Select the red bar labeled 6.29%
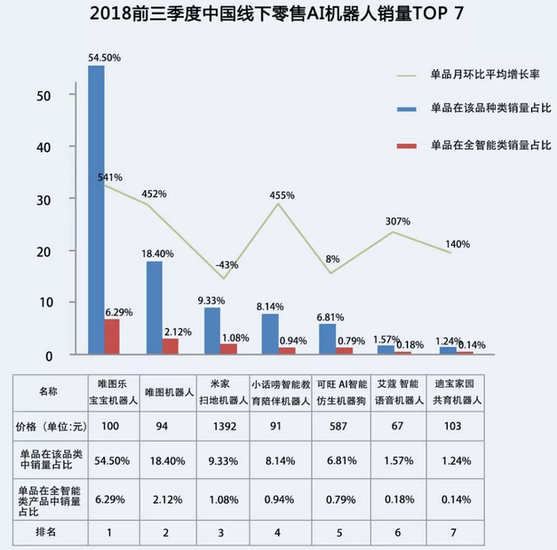(112, 336)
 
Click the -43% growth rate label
(227, 264)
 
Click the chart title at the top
(277, 15)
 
